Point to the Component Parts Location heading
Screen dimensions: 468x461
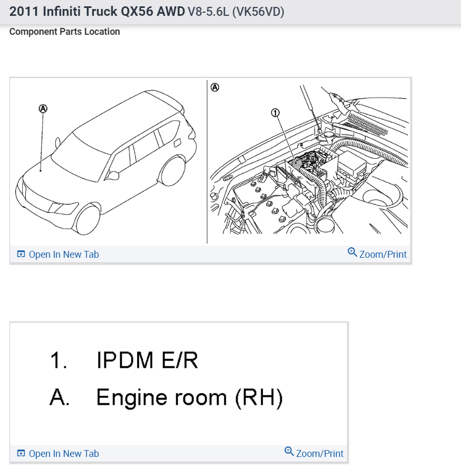64,32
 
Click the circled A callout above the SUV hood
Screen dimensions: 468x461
43,108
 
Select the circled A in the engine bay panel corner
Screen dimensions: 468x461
214,87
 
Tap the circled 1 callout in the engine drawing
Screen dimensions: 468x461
274,112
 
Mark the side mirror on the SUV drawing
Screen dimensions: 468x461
113,174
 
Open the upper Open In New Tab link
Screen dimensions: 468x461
58,255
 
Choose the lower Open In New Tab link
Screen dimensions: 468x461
58,454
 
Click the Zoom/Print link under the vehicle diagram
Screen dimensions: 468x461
377,254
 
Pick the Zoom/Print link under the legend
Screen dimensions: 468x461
314,453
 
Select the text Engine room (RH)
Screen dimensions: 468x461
189,397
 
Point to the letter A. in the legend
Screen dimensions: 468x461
60,397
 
